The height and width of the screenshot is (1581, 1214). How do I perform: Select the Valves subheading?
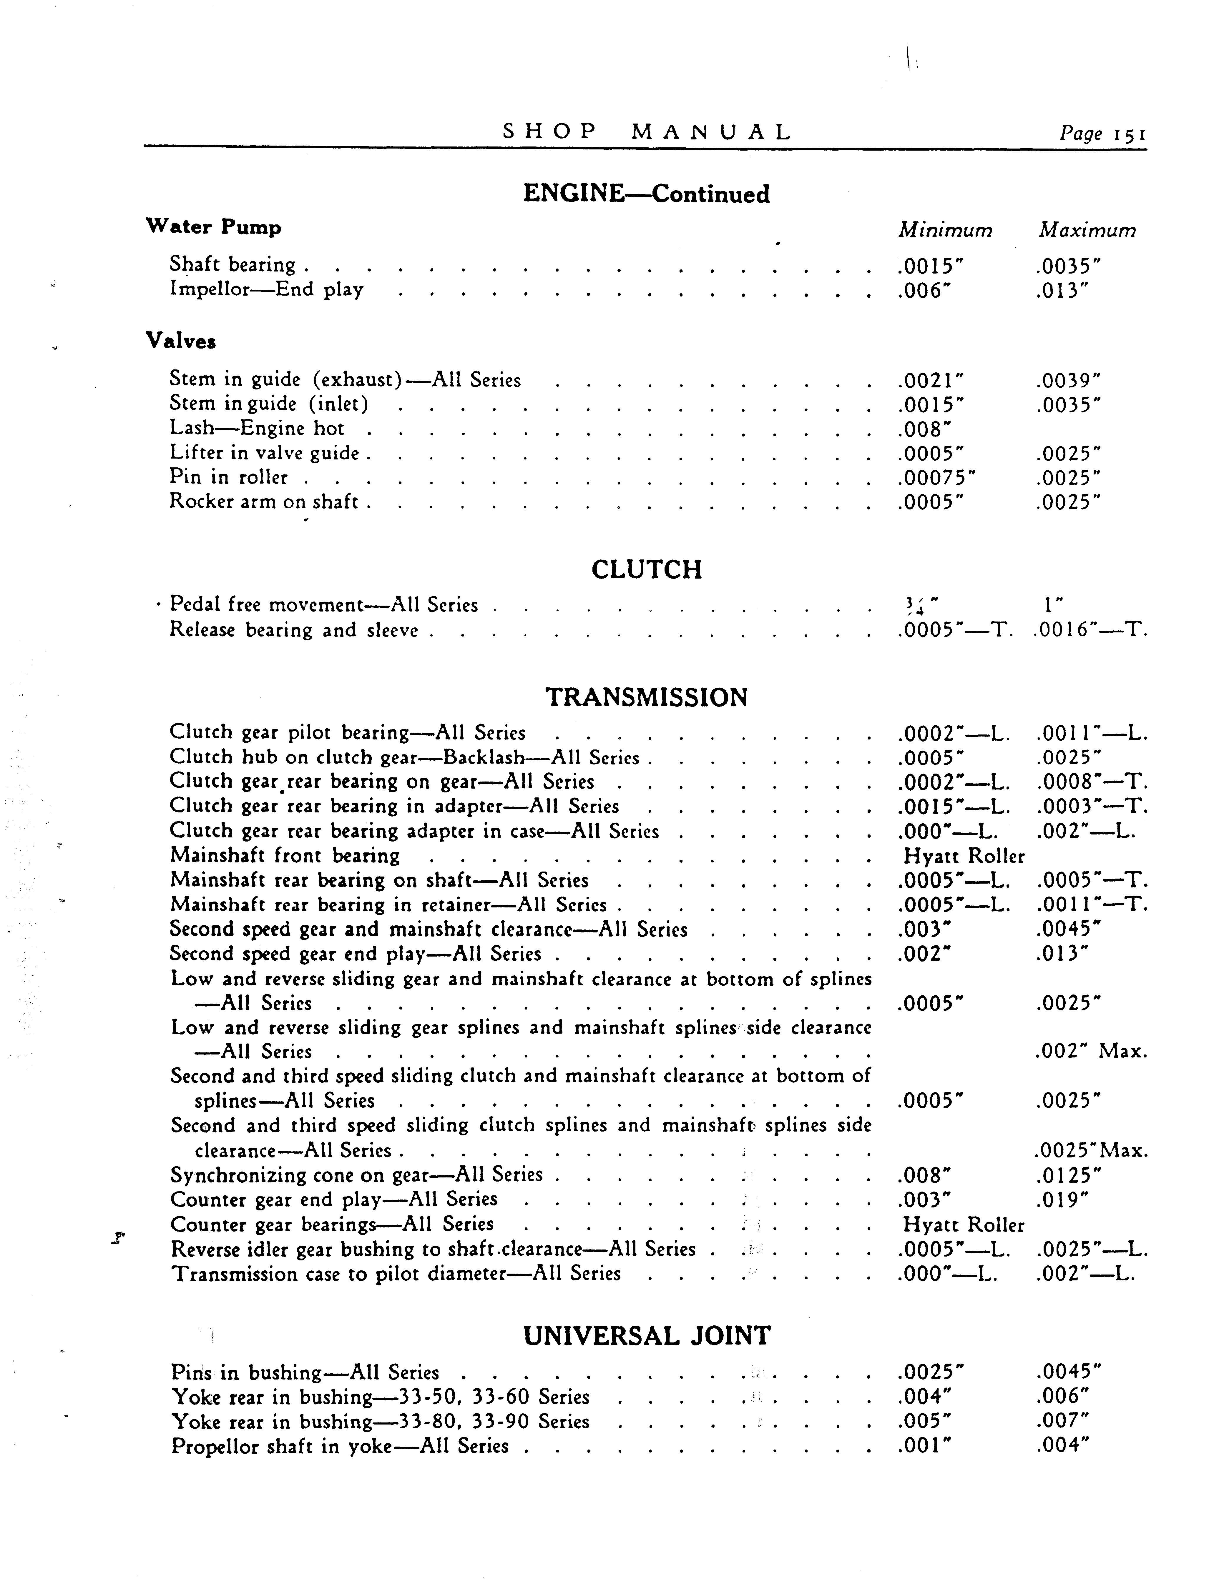pos(181,341)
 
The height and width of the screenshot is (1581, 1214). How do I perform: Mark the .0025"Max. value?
pos(1091,1151)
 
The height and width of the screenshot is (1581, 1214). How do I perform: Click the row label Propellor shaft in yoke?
pos(340,1446)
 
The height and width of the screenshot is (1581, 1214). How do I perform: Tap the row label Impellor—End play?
pos(266,290)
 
